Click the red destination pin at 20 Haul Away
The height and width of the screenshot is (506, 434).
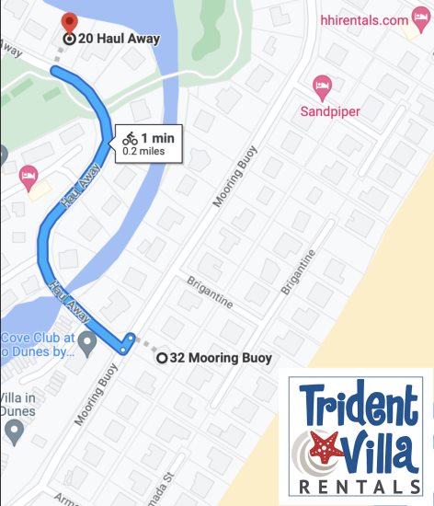(x=68, y=22)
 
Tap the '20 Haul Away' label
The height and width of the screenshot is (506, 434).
(x=120, y=39)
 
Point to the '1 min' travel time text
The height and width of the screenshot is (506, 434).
(x=157, y=138)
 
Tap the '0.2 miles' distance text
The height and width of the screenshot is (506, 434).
(x=149, y=151)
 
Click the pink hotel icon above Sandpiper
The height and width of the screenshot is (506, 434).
(x=323, y=87)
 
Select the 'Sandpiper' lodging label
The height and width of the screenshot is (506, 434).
(x=329, y=112)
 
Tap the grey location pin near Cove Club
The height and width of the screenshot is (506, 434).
(x=87, y=344)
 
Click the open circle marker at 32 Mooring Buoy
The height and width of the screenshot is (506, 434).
(x=162, y=358)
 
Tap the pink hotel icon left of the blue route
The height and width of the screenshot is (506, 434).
(x=29, y=174)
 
